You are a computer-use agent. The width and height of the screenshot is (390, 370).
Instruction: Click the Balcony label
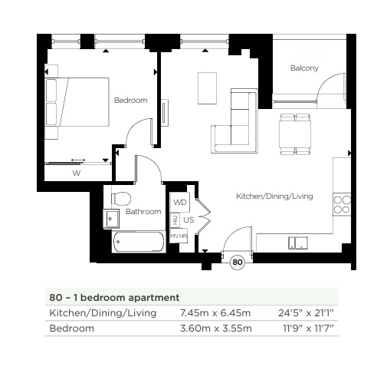click(x=304, y=68)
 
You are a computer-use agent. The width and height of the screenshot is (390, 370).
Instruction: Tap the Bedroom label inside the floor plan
click(x=130, y=101)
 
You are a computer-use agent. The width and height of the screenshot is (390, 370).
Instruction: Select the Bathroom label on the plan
click(x=143, y=211)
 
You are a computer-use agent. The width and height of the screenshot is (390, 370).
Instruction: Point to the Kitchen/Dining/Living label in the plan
click(x=274, y=197)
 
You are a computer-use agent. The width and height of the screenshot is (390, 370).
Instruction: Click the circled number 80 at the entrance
click(x=238, y=263)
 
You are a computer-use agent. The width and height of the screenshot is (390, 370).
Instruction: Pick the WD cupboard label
click(x=180, y=203)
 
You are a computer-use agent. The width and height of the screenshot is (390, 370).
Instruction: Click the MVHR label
click(x=178, y=236)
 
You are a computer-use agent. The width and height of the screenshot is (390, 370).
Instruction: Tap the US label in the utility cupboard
click(x=188, y=220)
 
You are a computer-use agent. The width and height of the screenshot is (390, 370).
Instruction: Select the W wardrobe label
click(x=76, y=173)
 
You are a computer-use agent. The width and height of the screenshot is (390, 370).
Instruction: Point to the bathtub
click(x=138, y=243)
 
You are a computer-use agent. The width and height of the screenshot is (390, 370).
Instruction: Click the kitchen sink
click(x=297, y=243)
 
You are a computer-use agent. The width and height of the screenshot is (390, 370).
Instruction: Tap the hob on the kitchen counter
click(x=342, y=204)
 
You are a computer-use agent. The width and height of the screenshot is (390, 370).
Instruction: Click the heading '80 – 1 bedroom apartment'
click(x=114, y=296)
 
